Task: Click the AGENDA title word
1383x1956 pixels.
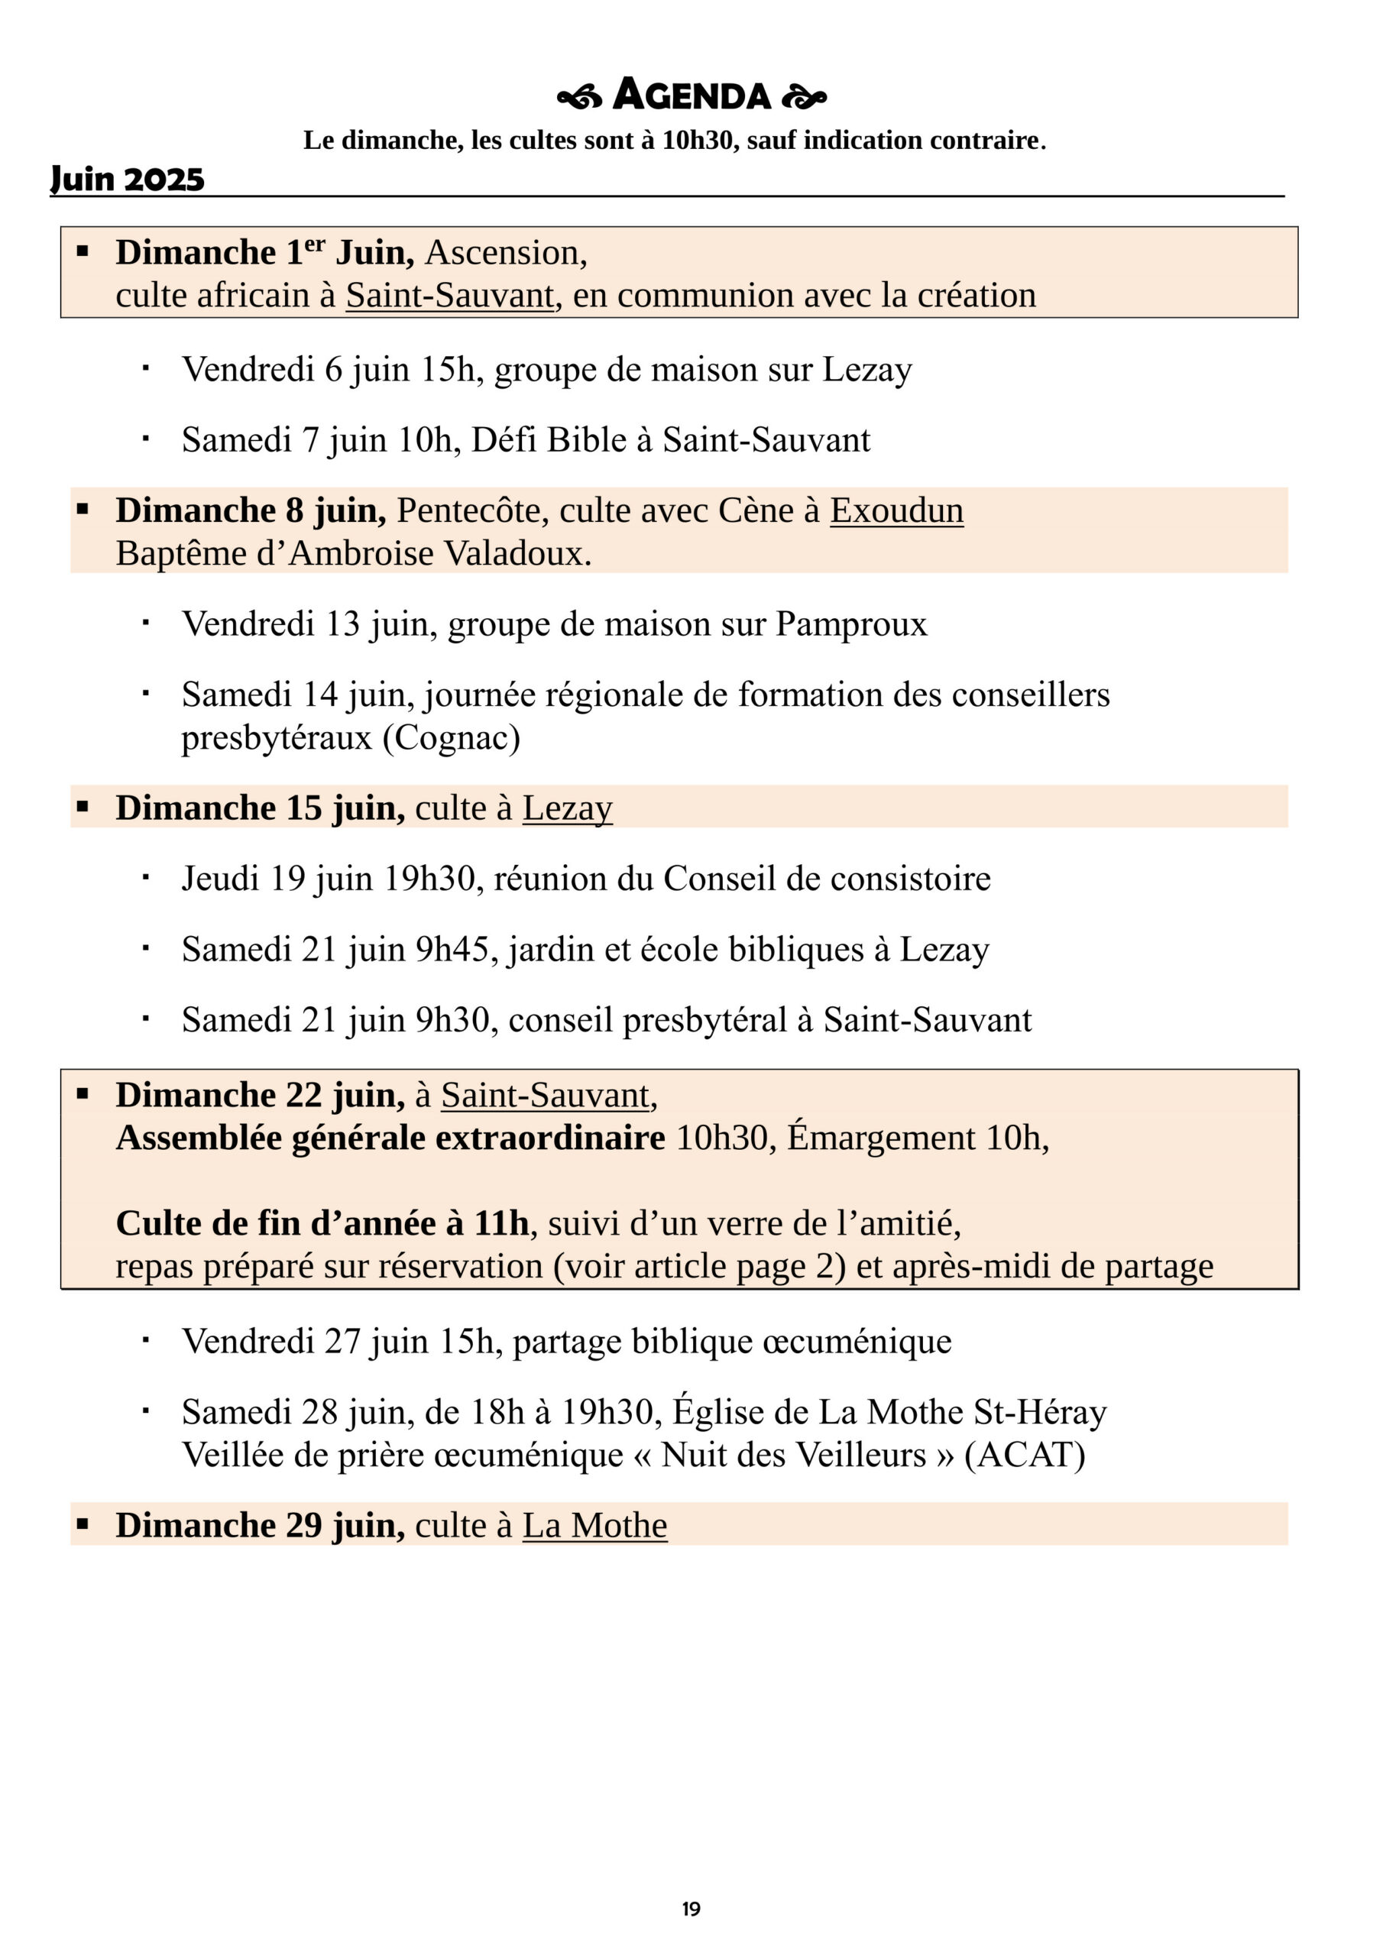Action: [691, 96]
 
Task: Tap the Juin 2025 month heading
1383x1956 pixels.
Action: [128, 179]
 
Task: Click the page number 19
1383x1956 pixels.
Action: [691, 1909]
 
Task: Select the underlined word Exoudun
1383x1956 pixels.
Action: [896, 510]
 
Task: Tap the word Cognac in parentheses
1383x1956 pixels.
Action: [451, 738]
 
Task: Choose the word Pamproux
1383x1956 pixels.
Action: [850, 624]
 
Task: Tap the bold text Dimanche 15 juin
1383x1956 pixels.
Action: [260, 808]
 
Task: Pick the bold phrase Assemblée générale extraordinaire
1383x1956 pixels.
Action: [390, 1138]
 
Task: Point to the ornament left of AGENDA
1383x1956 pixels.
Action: [579, 98]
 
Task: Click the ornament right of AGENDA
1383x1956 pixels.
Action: [804, 98]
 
